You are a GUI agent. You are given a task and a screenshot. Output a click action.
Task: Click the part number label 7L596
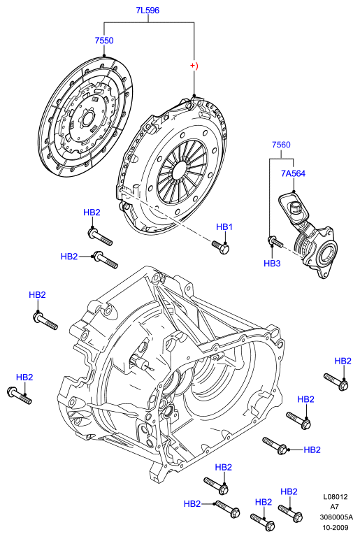click(147, 10)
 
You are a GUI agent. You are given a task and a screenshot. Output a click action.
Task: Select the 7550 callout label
click(104, 41)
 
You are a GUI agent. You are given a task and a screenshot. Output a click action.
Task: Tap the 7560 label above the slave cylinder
click(281, 145)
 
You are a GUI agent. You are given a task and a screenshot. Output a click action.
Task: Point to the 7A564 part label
click(294, 173)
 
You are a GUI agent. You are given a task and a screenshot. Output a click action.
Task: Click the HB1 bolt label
click(224, 227)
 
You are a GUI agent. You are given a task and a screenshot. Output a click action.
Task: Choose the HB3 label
click(273, 264)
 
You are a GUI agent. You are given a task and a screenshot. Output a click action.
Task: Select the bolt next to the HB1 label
click(221, 247)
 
